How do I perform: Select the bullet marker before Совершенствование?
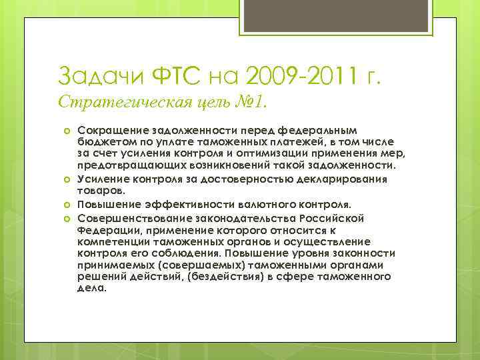(67, 219)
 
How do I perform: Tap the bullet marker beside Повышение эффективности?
(67, 204)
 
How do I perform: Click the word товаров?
(99, 190)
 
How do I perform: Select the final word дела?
(91, 289)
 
